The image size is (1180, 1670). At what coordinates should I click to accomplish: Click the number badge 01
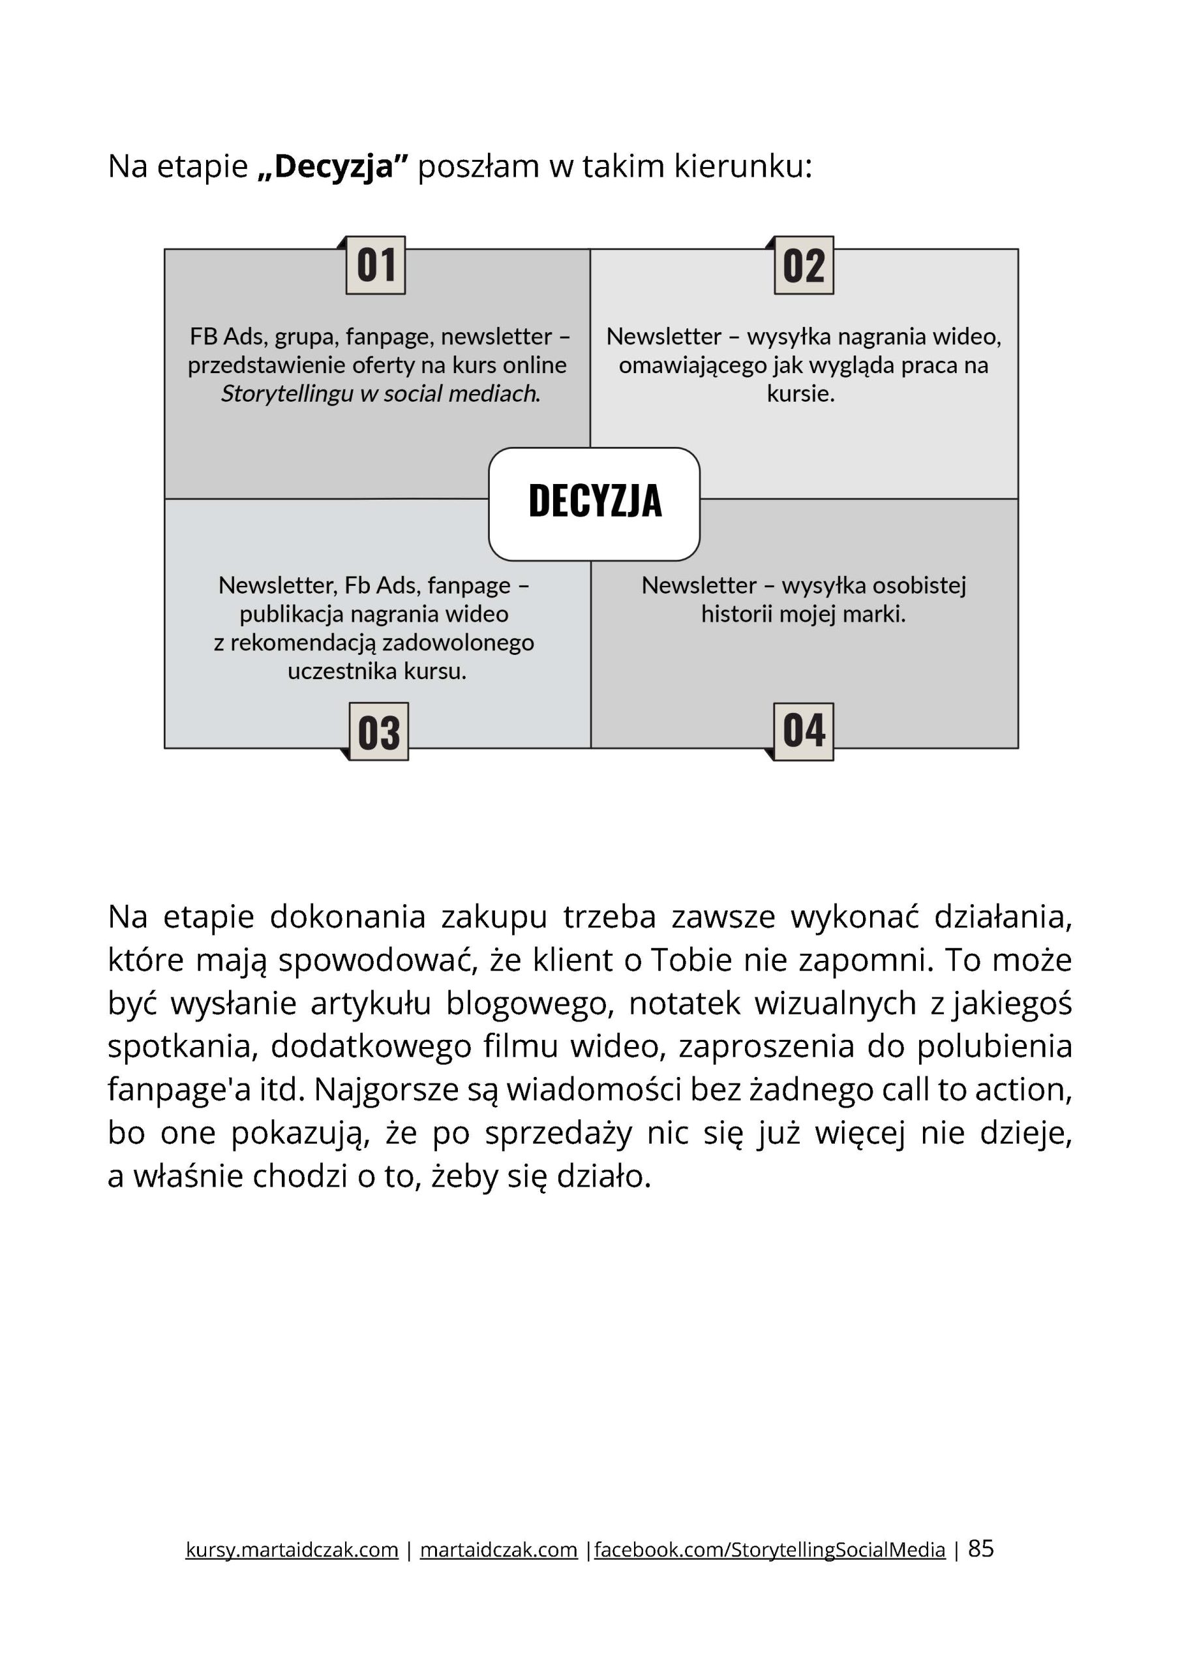375,266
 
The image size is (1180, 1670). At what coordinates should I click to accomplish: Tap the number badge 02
803,266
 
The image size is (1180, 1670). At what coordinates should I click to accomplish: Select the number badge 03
378,732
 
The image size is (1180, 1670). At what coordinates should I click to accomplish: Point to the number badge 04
803,731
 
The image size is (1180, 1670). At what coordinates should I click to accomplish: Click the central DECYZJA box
594,504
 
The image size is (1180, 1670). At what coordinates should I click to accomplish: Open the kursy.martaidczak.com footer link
292,1550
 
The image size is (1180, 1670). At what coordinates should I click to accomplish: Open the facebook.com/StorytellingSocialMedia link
770,1550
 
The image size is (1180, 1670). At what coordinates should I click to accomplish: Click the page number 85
980,1549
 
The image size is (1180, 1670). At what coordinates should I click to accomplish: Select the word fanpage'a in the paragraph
169,1090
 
